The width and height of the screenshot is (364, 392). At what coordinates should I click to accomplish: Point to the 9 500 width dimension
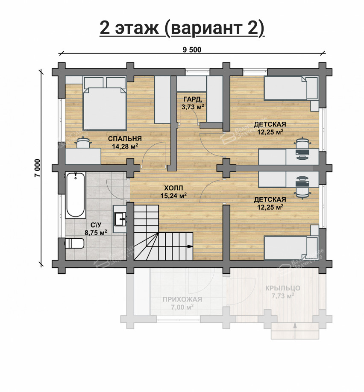coord(192,50)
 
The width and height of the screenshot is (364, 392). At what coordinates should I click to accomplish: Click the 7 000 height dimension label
coord(37,168)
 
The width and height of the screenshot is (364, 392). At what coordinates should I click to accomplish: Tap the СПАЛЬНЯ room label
coord(124,139)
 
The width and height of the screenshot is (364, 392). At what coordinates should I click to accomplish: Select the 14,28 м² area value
coord(124,146)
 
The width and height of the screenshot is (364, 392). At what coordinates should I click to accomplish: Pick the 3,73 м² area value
coord(193,107)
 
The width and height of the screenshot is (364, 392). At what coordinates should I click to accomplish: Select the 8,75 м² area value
coord(95,232)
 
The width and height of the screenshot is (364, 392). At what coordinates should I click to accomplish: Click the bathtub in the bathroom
coord(76,195)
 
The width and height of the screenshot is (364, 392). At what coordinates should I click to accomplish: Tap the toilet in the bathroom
coord(74,244)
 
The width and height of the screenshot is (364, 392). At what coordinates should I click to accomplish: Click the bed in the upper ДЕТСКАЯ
coord(291,88)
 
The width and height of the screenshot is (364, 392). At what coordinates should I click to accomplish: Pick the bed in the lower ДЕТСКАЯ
coord(291,248)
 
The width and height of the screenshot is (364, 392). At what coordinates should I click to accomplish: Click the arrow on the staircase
coord(188,246)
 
